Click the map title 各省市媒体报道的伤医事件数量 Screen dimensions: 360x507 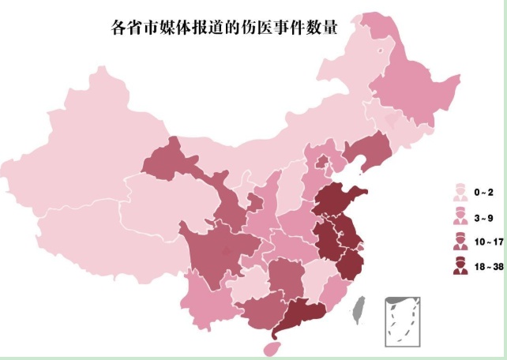click(x=223, y=28)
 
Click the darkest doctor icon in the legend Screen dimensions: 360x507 click(x=457, y=267)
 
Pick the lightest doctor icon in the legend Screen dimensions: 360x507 click(x=457, y=192)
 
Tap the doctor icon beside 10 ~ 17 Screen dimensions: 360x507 click(x=457, y=242)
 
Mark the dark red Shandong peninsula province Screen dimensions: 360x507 click(x=338, y=201)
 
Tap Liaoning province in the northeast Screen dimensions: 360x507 click(x=367, y=150)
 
